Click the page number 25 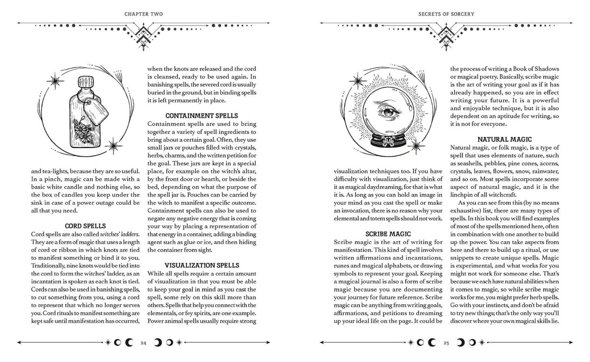pyautogui.click(x=446, y=342)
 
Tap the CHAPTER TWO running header pyautogui.click(x=143, y=14)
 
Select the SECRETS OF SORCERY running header pyautogui.click(x=447, y=14)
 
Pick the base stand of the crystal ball pyautogui.click(x=388, y=140)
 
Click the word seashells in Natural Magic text pyautogui.click(x=471, y=164)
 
